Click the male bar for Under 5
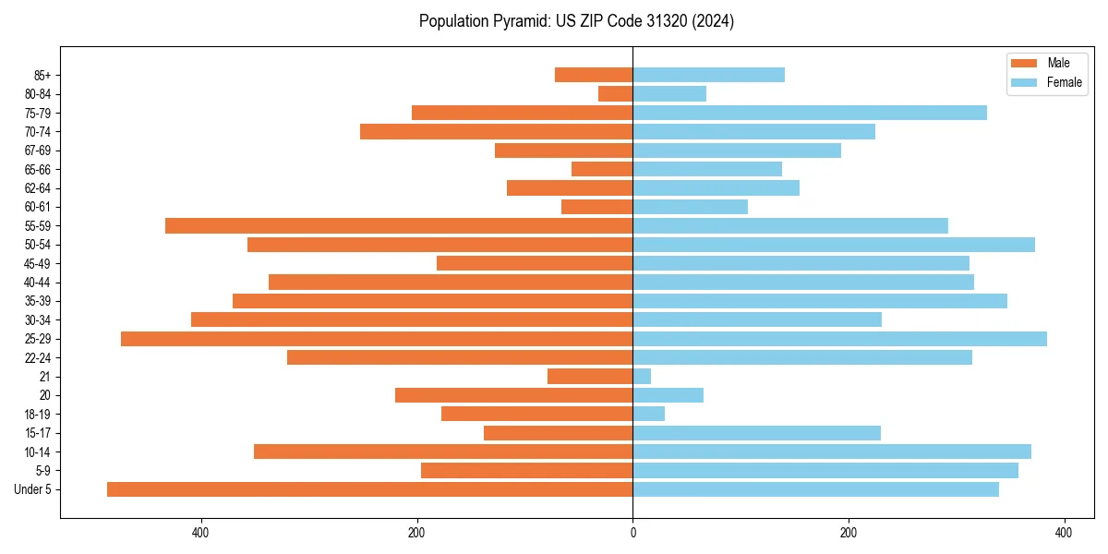pyautogui.click(x=369, y=489)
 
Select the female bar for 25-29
pyautogui.click(x=839, y=339)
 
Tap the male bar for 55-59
pyautogui.click(x=399, y=225)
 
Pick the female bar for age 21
pyautogui.click(x=642, y=377)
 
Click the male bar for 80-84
pyautogui.click(x=616, y=94)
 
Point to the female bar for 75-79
pyautogui.click(x=810, y=113)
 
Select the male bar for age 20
pyautogui.click(x=513, y=395)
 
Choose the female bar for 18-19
pyautogui.click(x=648, y=414)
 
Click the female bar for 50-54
pyautogui.click(x=834, y=245)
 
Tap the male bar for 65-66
pyautogui.click(x=602, y=169)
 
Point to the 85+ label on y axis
pyautogui.click(x=42, y=75)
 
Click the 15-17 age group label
pyautogui.click(x=38, y=433)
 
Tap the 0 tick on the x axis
pyautogui.click(x=632, y=533)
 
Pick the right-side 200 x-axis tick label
pyautogui.click(x=848, y=533)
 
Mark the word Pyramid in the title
pyautogui.click(x=517, y=21)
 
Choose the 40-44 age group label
pyautogui.click(x=38, y=283)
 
